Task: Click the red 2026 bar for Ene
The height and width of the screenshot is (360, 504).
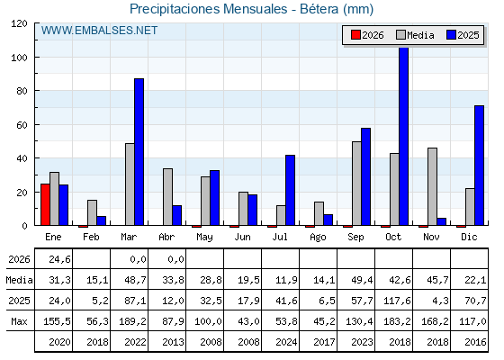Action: point(45,204)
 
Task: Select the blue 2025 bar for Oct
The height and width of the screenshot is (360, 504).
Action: point(404,136)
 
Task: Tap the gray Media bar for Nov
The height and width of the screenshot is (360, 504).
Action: point(432,186)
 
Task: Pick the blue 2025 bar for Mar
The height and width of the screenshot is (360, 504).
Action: point(139,152)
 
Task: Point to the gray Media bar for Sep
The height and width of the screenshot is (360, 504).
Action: point(356,184)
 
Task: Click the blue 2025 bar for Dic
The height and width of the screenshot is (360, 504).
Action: point(479,166)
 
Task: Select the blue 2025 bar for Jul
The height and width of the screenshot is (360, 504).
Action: point(290,190)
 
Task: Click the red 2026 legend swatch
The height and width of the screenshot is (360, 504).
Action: point(355,35)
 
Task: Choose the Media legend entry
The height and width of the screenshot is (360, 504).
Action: point(415,35)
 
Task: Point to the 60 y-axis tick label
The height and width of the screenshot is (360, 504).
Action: point(22,125)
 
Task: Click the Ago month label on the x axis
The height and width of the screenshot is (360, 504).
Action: point(318,238)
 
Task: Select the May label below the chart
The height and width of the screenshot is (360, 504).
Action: point(204,238)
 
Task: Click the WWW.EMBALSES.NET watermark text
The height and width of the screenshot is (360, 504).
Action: point(99,31)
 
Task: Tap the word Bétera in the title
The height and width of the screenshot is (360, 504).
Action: point(319,9)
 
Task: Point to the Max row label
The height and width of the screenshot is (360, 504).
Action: point(19,321)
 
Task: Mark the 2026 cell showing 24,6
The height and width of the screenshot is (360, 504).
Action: point(59,259)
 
